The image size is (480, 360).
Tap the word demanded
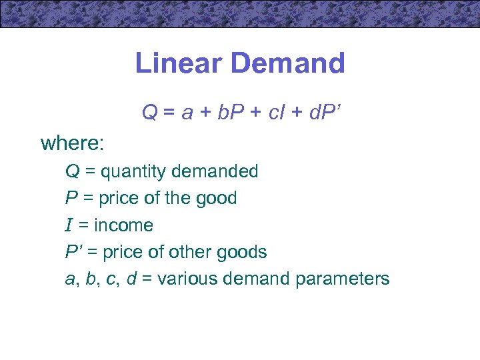[215, 171]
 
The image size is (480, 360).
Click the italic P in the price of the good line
[70, 199]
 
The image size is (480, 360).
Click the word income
[123, 225]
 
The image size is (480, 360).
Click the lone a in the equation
[187, 113]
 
